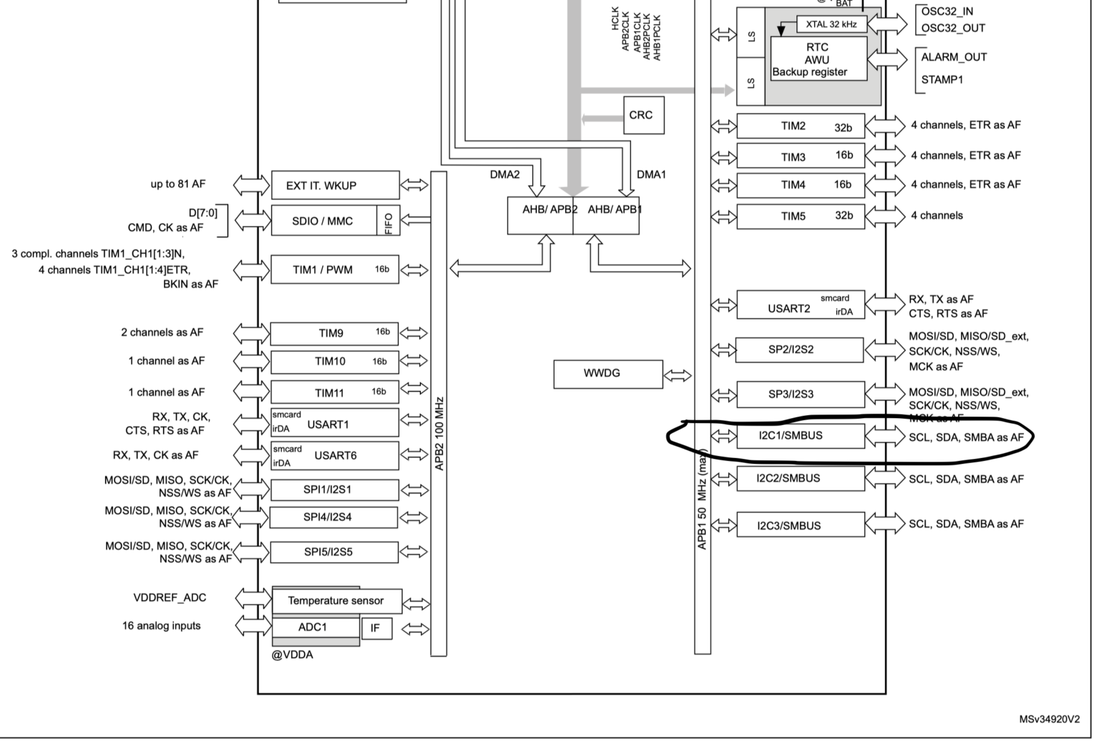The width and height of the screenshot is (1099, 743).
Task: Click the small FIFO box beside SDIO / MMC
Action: (389, 221)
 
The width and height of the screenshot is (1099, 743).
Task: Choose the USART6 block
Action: (334, 455)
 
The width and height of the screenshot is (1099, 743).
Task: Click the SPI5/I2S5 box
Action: (334, 552)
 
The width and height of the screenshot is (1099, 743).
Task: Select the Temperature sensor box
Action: (336, 601)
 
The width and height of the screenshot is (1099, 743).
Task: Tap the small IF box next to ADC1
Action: (376, 628)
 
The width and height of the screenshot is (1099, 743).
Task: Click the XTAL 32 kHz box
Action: (831, 24)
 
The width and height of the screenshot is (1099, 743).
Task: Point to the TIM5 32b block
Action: (800, 216)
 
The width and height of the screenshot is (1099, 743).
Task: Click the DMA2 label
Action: (504, 175)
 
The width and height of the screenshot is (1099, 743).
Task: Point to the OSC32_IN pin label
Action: (947, 11)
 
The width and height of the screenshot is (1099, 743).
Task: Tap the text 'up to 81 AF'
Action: (177, 184)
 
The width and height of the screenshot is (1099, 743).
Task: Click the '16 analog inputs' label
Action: (161, 626)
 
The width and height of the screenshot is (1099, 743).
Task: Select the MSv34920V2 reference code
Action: (1049, 719)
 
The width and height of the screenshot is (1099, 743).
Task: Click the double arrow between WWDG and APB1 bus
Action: (678, 375)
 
